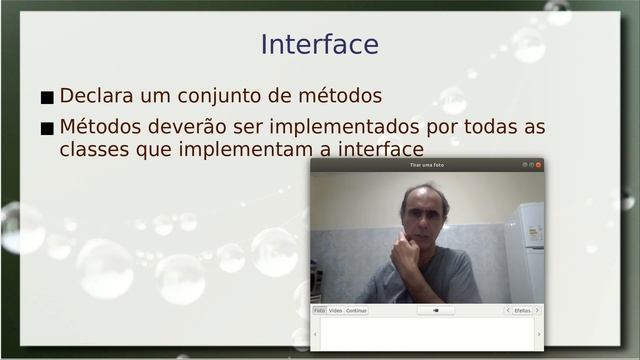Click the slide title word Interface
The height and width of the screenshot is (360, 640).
click(x=319, y=45)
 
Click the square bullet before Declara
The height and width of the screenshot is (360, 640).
click(x=47, y=98)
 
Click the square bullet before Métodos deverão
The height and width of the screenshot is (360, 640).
click(x=47, y=129)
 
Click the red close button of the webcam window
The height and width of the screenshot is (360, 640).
click(x=538, y=165)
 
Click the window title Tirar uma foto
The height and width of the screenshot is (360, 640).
click(x=427, y=165)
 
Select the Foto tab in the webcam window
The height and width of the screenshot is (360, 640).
click(x=319, y=311)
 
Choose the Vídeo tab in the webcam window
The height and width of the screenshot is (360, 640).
click(x=335, y=311)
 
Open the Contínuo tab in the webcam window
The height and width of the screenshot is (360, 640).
click(x=356, y=311)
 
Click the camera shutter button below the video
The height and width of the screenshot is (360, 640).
click(x=436, y=311)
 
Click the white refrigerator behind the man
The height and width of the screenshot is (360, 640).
click(x=526, y=250)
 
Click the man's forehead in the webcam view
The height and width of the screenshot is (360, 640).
click(x=424, y=195)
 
